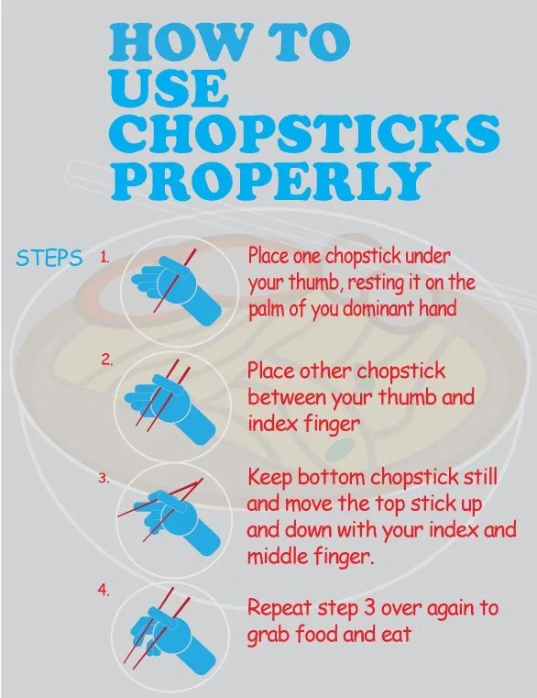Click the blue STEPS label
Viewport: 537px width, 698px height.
tap(49, 258)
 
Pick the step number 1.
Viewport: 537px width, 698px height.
tap(105, 259)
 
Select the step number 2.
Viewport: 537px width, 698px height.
tap(107, 360)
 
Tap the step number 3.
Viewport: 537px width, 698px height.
tap(104, 479)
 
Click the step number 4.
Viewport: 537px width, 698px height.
tap(104, 590)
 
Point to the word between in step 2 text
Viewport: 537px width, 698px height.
tap(282, 398)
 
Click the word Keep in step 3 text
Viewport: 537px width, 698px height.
tap(268, 479)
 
